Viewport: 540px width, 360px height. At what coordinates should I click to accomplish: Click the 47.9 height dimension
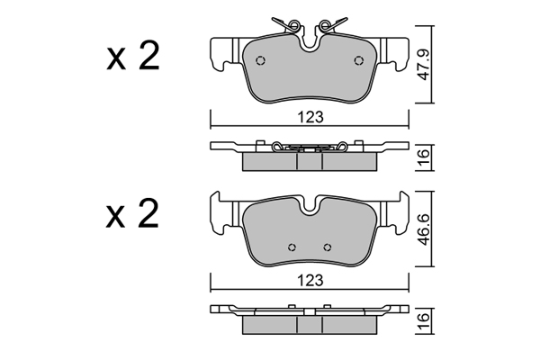[x=424, y=65]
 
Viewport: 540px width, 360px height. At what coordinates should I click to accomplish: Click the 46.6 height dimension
[x=424, y=229]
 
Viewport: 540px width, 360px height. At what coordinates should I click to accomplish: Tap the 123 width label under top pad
[x=310, y=117]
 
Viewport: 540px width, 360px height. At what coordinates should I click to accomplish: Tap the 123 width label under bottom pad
[x=310, y=281]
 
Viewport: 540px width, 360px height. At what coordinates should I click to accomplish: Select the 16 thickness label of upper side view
[x=424, y=157]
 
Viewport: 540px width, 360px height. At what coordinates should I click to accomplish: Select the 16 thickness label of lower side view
[x=424, y=320]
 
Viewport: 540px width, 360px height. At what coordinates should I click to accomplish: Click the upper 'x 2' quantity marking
[x=132, y=56]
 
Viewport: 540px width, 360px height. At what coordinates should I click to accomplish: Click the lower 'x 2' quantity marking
[x=132, y=213]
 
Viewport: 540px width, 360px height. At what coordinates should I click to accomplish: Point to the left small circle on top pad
[x=261, y=60]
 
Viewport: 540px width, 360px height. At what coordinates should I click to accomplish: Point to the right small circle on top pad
[x=359, y=60]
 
